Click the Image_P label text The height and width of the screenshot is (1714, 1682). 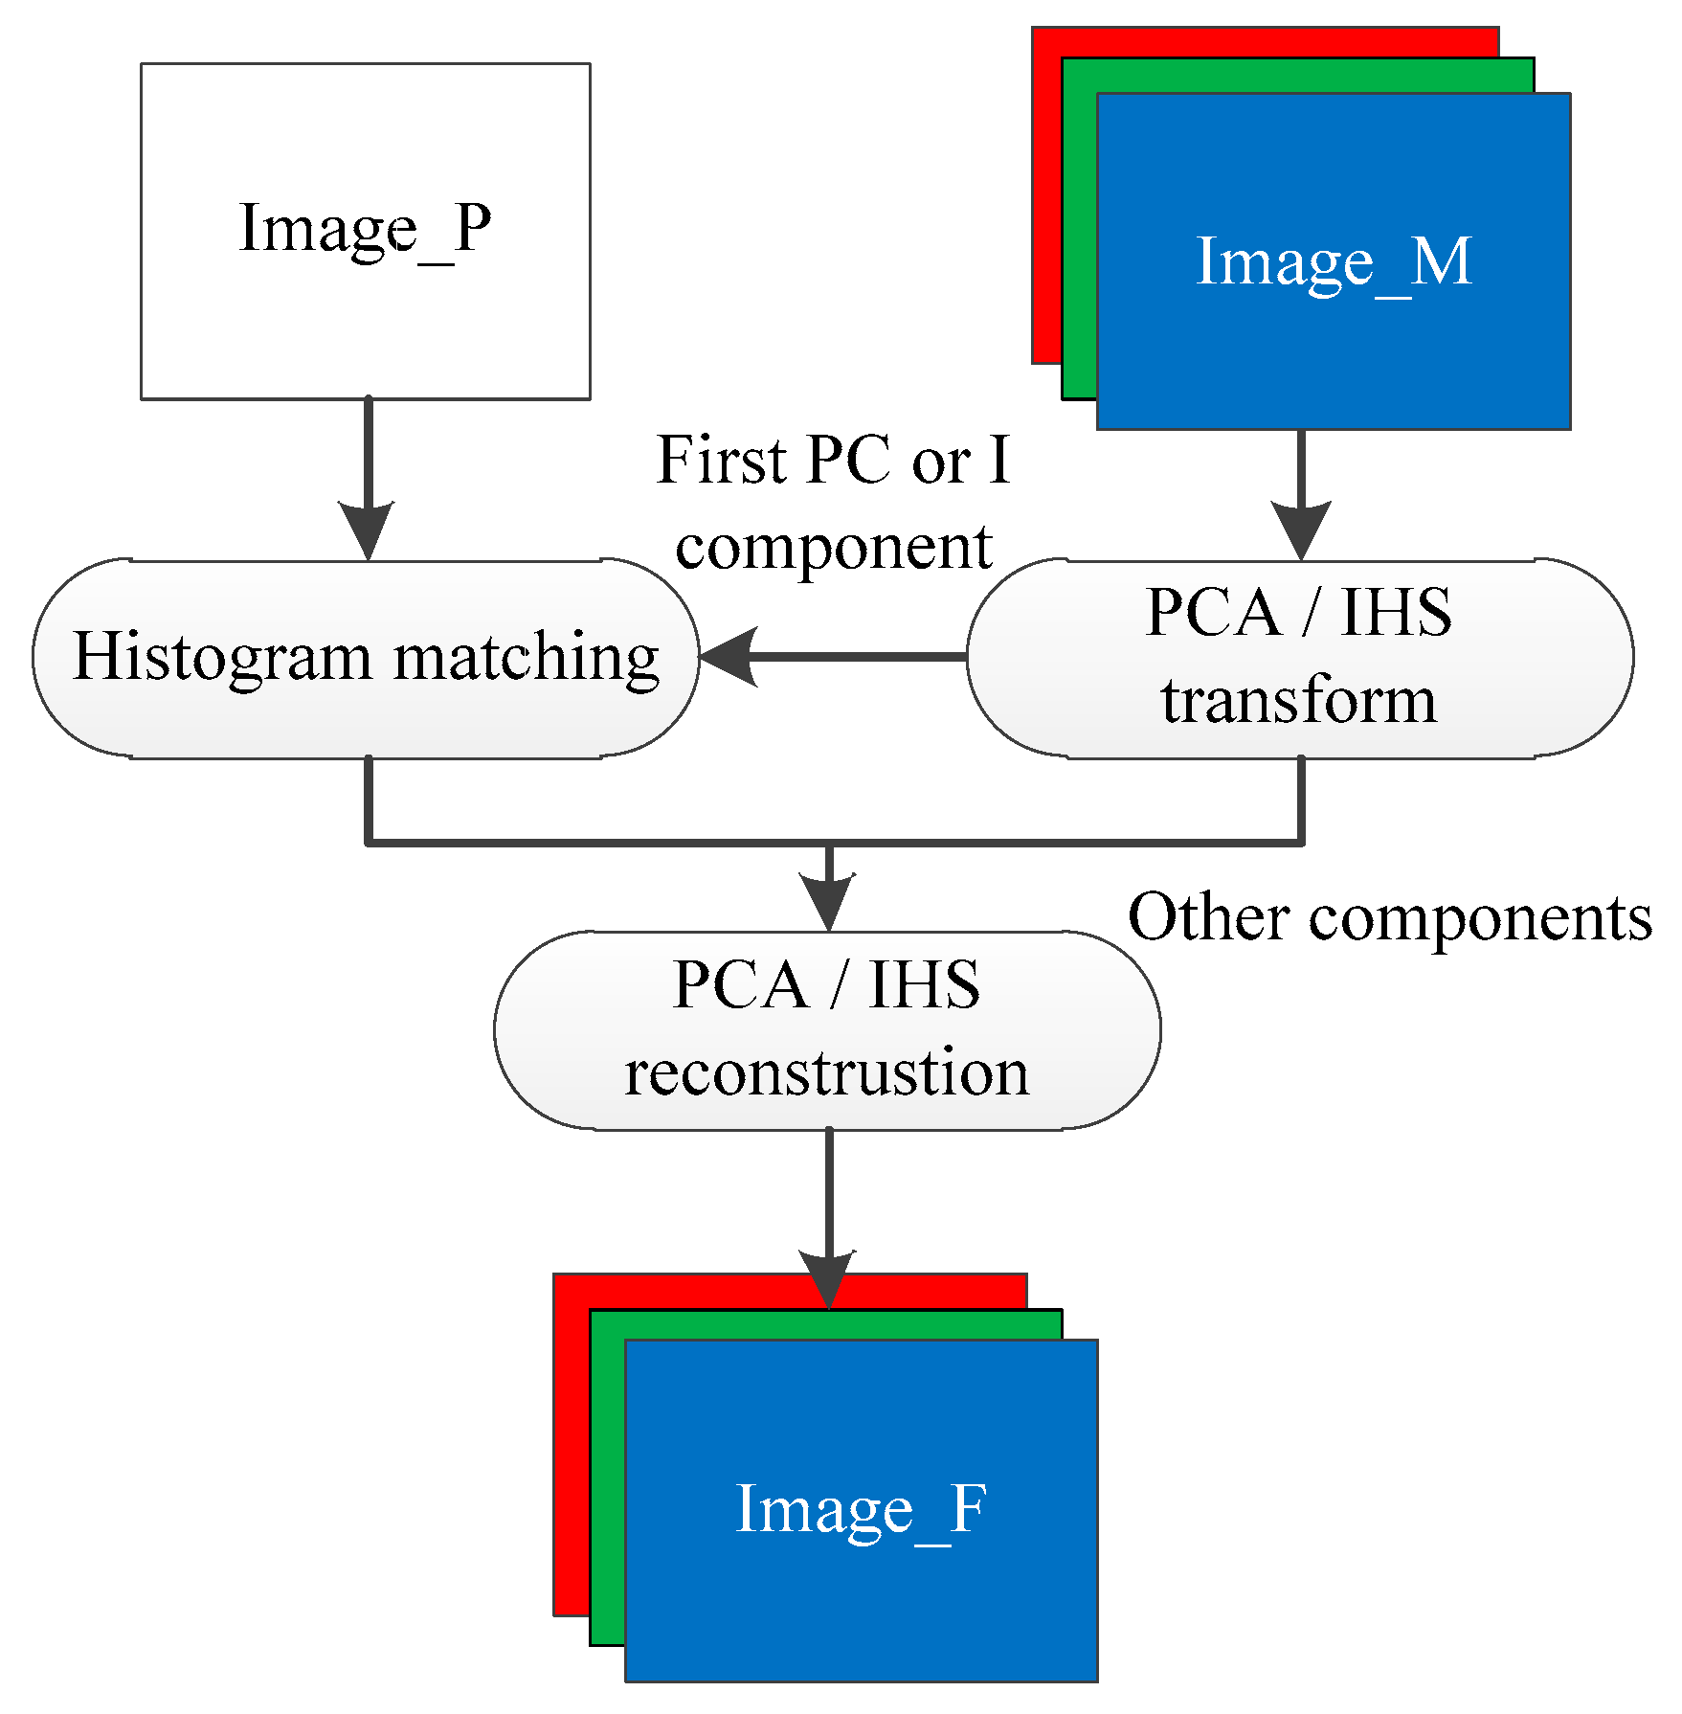(365, 230)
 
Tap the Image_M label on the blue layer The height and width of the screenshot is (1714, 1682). (1334, 262)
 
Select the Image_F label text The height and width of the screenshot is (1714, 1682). (861, 1509)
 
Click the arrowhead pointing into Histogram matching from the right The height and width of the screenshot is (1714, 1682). (729, 657)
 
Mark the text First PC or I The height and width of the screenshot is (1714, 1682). (833, 462)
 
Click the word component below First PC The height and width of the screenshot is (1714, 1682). (833, 548)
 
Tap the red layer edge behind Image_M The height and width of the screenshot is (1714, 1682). (1046, 211)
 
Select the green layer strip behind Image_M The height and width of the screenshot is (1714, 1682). (1079, 239)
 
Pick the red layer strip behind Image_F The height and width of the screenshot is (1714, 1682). (571, 1455)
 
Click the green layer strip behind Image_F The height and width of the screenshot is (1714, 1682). (607, 1484)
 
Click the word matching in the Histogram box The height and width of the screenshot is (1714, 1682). (527, 659)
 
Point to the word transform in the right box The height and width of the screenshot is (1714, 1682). (1299, 701)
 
